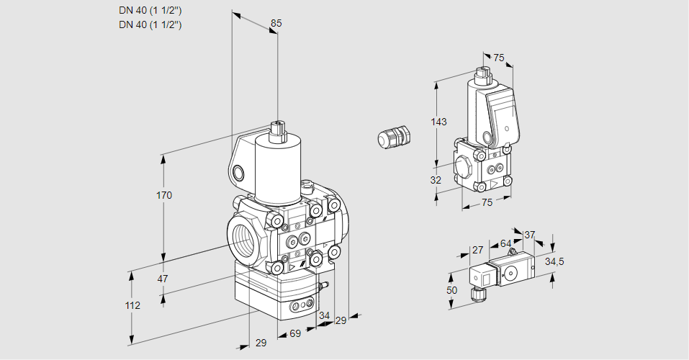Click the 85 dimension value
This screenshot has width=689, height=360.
[x=276, y=23]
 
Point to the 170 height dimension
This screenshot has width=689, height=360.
[x=164, y=195]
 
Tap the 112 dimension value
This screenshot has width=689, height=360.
[x=132, y=305]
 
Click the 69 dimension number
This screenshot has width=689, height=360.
[x=295, y=334]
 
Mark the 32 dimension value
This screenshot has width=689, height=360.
[x=436, y=180]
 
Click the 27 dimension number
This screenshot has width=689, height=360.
[x=477, y=251]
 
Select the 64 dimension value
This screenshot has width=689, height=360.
[x=505, y=244]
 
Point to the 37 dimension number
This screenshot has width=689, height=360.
[x=530, y=235]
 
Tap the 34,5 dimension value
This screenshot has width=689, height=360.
[x=554, y=261]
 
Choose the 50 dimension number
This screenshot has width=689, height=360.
[x=451, y=289]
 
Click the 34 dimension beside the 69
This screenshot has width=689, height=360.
[x=324, y=315]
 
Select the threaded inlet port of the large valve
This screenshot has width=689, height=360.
[x=243, y=241]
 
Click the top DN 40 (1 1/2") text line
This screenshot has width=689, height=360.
[x=150, y=11]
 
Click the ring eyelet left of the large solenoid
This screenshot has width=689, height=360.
[x=239, y=172]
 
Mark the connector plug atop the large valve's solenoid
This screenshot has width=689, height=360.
[x=277, y=131]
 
